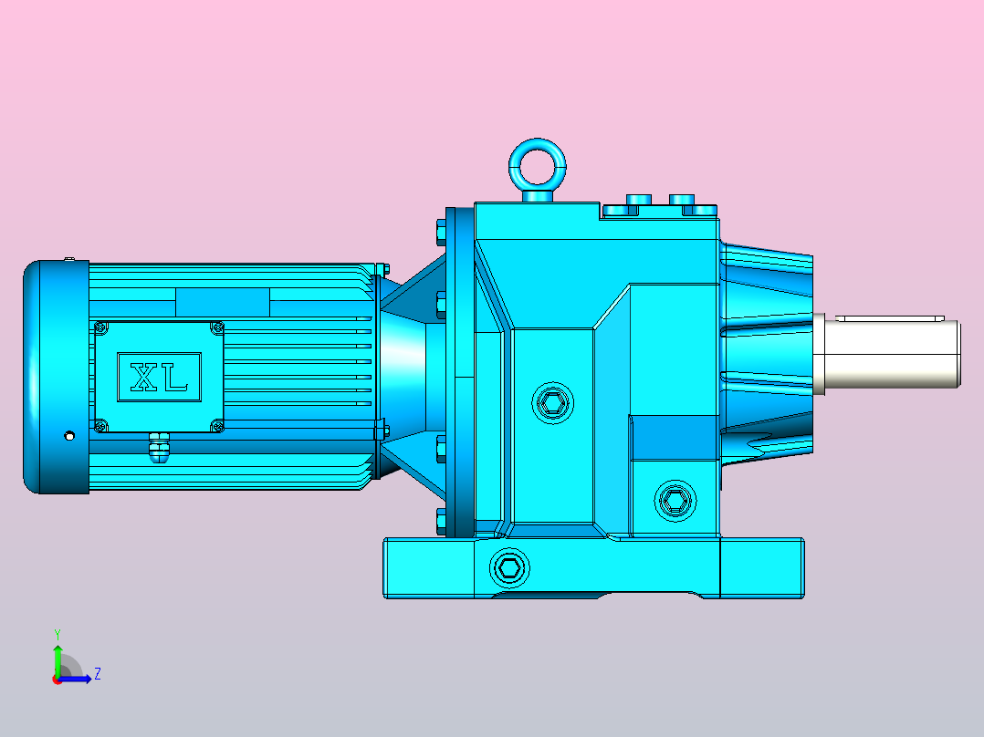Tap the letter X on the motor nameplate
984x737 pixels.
tap(144, 377)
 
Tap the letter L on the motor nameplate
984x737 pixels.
tap(175, 377)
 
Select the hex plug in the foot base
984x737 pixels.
tap(509, 567)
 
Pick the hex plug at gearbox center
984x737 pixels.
tap(553, 403)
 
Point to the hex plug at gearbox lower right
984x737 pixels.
tap(675, 501)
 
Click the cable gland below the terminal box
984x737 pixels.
tap(160, 447)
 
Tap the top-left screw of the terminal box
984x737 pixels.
tap(100, 327)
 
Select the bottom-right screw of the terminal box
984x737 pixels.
tap(217, 427)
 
